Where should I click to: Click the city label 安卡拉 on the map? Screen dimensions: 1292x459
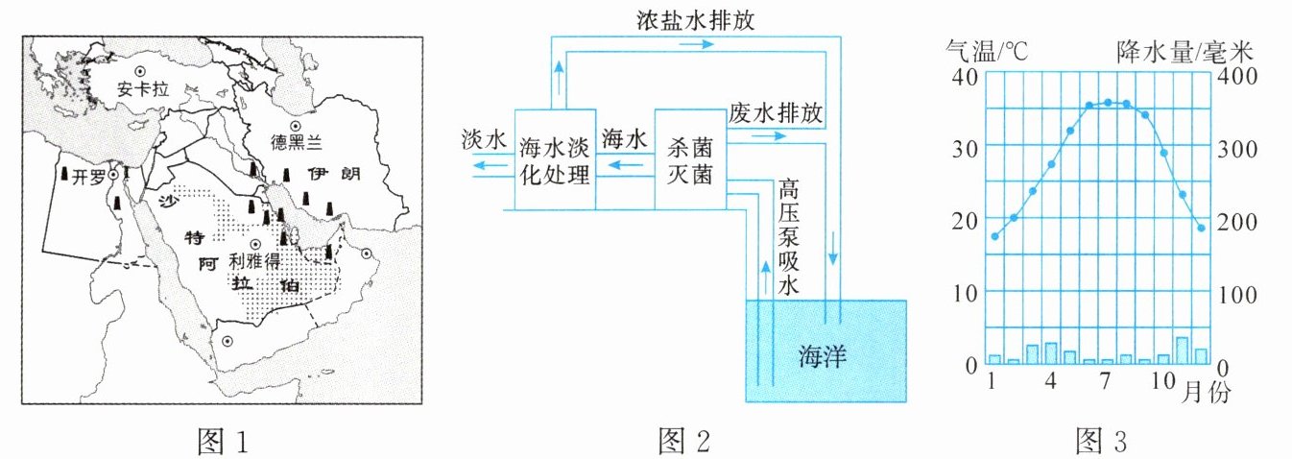[x=142, y=89]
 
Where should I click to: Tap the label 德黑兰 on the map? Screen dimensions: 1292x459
[x=297, y=142]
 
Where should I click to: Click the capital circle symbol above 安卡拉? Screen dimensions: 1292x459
[x=139, y=71]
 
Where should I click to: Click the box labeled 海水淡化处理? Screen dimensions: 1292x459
[x=555, y=159]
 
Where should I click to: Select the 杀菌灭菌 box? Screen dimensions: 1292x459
[x=690, y=159]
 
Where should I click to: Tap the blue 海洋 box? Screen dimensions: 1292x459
[x=825, y=350]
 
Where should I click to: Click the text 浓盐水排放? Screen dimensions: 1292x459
[x=695, y=20]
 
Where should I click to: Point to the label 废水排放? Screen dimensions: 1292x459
[x=776, y=112]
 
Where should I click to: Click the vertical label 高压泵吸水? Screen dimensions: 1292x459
[x=788, y=237]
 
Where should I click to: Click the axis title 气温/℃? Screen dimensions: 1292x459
[x=987, y=51]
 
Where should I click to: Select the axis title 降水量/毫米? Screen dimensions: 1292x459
[x=1184, y=52]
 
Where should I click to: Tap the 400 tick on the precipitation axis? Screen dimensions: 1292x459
[x=1237, y=76]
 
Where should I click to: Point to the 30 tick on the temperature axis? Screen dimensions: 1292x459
[x=965, y=149]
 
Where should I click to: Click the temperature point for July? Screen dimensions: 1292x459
[x=1108, y=102]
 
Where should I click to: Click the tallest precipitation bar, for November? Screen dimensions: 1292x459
[x=1182, y=350]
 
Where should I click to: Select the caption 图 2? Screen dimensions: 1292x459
[x=683, y=442]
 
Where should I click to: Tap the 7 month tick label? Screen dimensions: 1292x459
[x=1105, y=381]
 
